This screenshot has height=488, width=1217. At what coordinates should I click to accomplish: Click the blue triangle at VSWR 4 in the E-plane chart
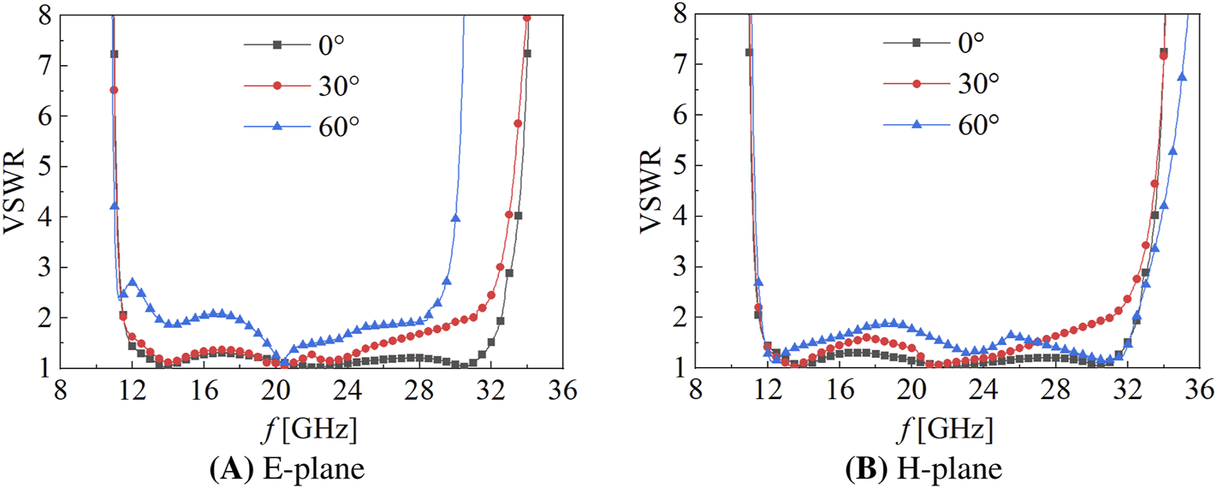(x=455, y=218)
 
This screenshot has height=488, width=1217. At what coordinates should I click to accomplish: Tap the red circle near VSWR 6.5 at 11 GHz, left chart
(x=114, y=90)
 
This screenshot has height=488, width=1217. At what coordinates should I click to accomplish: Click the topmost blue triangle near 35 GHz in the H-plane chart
(x=1182, y=77)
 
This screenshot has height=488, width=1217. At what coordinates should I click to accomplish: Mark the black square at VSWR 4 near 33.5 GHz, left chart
(x=518, y=216)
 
